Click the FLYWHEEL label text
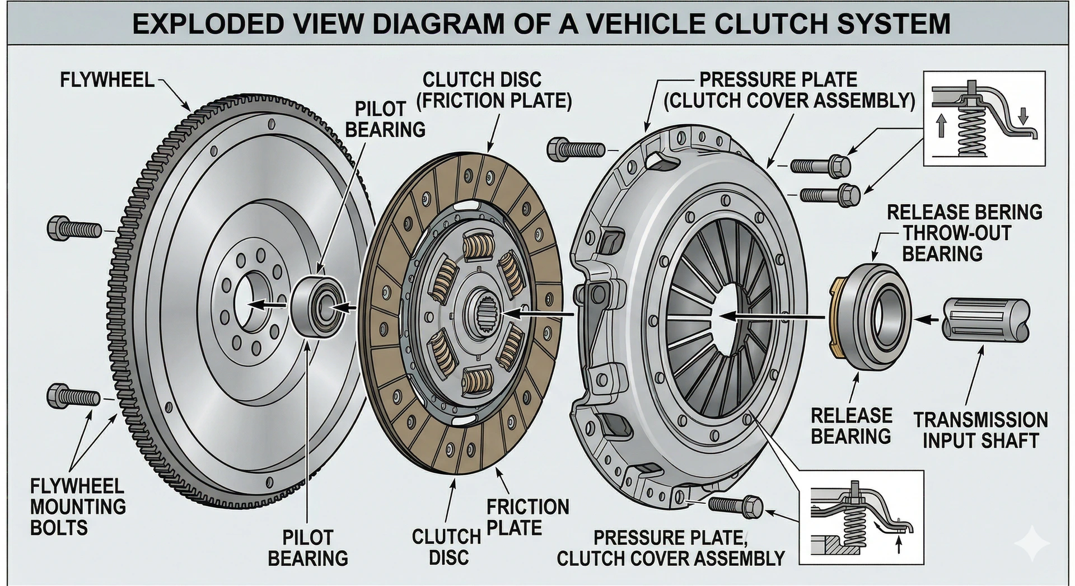coord(107,80)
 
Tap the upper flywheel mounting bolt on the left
coord(75,228)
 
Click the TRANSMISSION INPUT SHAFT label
coord(980,430)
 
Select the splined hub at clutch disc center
coord(483,316)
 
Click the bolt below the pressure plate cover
coord(735,505)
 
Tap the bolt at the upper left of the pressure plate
coord(576,149)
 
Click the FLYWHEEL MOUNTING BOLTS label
coord(78,507)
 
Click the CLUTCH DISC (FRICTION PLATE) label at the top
coord(494,90)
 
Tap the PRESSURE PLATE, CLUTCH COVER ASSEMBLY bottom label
coord(670,547)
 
